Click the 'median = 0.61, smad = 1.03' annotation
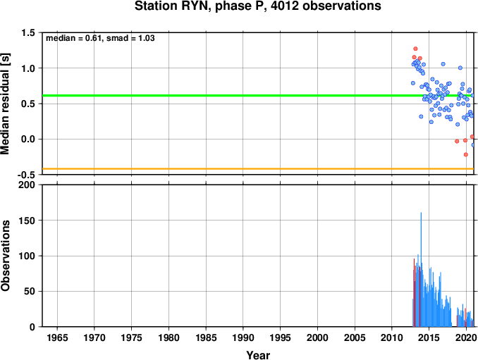click(x=100, y=38)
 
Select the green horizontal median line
click(x=258, y=96)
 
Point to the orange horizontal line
click(x=258, y=168)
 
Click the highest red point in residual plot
click(x=415, y=49)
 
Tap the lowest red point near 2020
click(x=466, y=155)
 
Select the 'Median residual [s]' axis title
click(x=5, y=104)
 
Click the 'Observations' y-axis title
click(x=5, y=256)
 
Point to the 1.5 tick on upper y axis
click(x=28, y=32)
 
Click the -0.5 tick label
click(x=26, y=175)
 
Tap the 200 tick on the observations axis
click(x=27, y=185)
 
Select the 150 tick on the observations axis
click(x=27, y=221)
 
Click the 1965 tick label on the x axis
click(x=57, y=337)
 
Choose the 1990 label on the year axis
click(x=243, y=337)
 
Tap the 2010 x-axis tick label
click(x=392, y=337)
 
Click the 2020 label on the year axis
click(x=467, y=337)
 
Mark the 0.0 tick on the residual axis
click(x=28, y=139)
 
